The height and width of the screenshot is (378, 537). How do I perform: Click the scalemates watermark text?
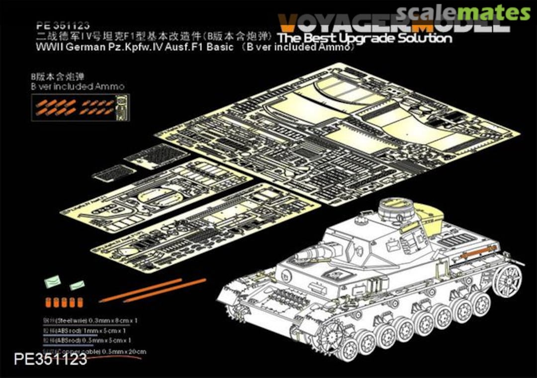(x=463, y=12)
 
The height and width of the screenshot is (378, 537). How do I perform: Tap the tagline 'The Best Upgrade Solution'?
(x=365, y=38)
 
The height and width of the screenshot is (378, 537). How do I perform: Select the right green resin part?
(x=77, y=285)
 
